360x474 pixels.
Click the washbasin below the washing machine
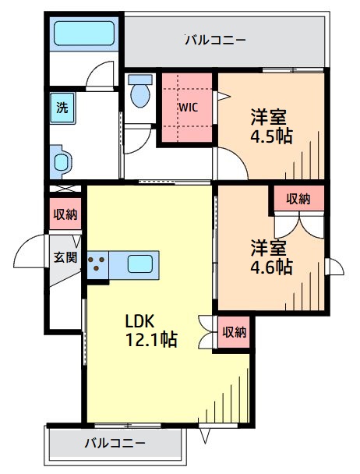coord(62,162)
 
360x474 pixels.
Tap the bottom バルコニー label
coord(115,443)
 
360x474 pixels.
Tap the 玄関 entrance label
coord(64,256)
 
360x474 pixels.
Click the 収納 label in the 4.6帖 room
coord(298,199)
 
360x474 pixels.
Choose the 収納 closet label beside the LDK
coord(234,332)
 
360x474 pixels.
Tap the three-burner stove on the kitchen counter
coord(98,265)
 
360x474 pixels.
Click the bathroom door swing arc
coord(99,78)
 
